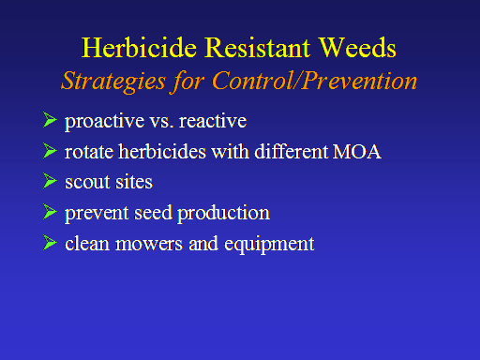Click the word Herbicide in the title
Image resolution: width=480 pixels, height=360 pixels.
[140, 48]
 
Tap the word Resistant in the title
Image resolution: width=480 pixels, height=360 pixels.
[257, 48]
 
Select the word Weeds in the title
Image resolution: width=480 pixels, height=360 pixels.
[357, 48]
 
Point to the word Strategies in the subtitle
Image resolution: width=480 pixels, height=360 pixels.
[113, 82]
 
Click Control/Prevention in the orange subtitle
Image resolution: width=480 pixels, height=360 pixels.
[314, 81]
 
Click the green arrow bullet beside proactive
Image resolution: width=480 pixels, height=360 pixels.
[50, 120]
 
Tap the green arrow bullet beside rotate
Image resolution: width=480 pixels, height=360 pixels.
[50, 151]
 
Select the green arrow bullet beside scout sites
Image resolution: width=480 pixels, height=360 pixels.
[50, 181]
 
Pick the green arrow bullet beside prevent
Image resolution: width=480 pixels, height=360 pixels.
[50, 212]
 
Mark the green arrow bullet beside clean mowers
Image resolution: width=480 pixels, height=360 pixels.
[50, 243]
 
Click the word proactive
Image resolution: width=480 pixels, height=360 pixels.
[105, 122]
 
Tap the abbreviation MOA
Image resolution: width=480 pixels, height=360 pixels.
[356, 152]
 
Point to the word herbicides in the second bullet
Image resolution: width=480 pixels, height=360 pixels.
[162, 151]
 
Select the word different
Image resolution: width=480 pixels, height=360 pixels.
[291, 151]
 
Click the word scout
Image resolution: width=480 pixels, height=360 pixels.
[87, 182]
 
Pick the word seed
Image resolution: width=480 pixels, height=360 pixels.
[153, 213]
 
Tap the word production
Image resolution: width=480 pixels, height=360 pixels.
[223, 214]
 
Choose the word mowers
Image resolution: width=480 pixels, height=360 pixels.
[149, 245]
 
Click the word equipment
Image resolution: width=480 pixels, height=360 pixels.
[269, 245]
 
